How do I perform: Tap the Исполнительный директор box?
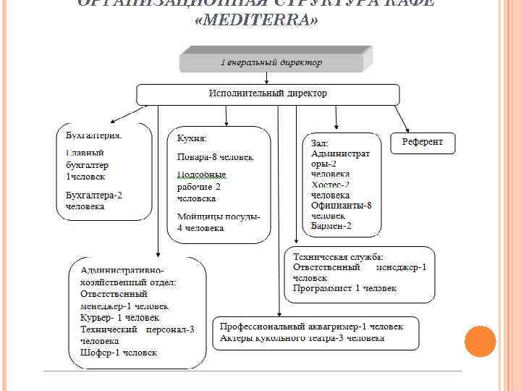268,94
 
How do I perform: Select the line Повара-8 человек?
215,157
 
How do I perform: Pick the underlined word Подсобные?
202,175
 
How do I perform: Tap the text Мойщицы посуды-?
219,216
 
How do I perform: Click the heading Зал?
320,143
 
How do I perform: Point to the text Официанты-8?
341,206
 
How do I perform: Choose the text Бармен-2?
331,226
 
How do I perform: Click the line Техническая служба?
338,257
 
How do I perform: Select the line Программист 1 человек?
344,288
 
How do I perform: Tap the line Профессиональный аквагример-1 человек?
311,327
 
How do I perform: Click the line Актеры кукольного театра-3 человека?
302,338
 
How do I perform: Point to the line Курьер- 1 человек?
120,317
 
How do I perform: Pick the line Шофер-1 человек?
119,353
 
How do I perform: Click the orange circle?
479,341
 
